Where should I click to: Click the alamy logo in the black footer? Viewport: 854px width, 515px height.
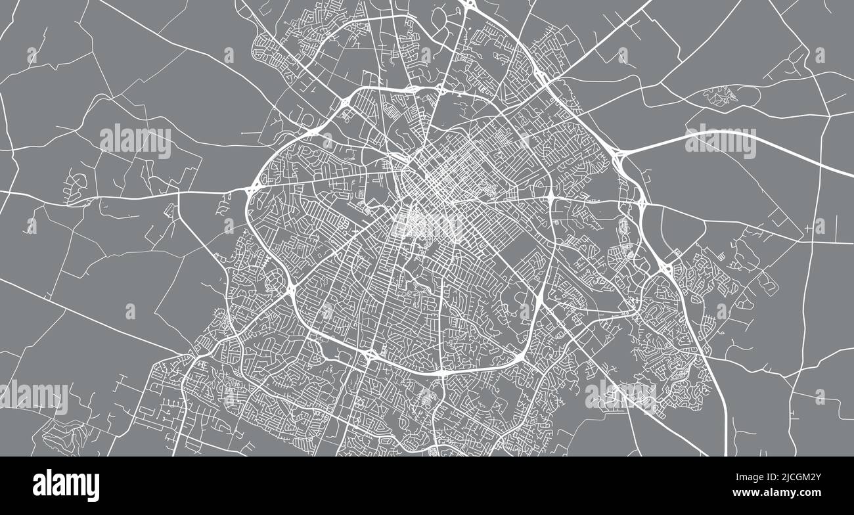pyautogui.click(x=66, y=485)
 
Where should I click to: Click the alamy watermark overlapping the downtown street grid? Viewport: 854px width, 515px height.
pyautogui.click(x=427, y=225)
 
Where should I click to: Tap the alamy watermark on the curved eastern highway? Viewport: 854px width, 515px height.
pyautogui.click(x=720, y=141)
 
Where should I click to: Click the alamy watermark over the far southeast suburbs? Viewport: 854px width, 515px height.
pyautogui.click(x=620, y=394)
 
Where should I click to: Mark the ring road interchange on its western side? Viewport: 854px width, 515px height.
pyautogui.click(x=251, y=189)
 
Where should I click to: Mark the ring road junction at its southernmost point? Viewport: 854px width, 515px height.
pyautogui.click(x=441, y=373)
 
